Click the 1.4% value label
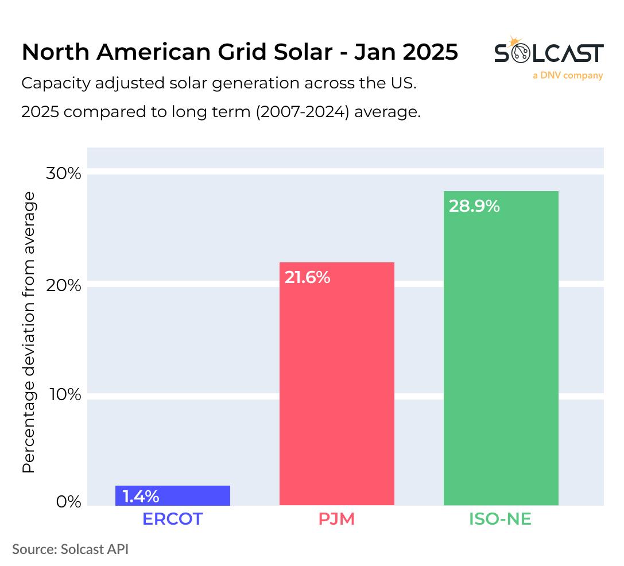(x=141, y=496)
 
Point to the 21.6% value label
(x=308, y=277)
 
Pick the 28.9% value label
(x=474, y=206)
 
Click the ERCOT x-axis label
(x=172, y=519)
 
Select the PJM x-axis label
(x=336, y=519)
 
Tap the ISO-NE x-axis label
(x=501, y=519)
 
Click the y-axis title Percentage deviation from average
(x=29, y=333)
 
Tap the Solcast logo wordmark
(x=548, y=53)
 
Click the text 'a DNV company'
(x=567, y=75)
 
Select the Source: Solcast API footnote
(x=70, y=549)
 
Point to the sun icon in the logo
(x=515, y=42)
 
